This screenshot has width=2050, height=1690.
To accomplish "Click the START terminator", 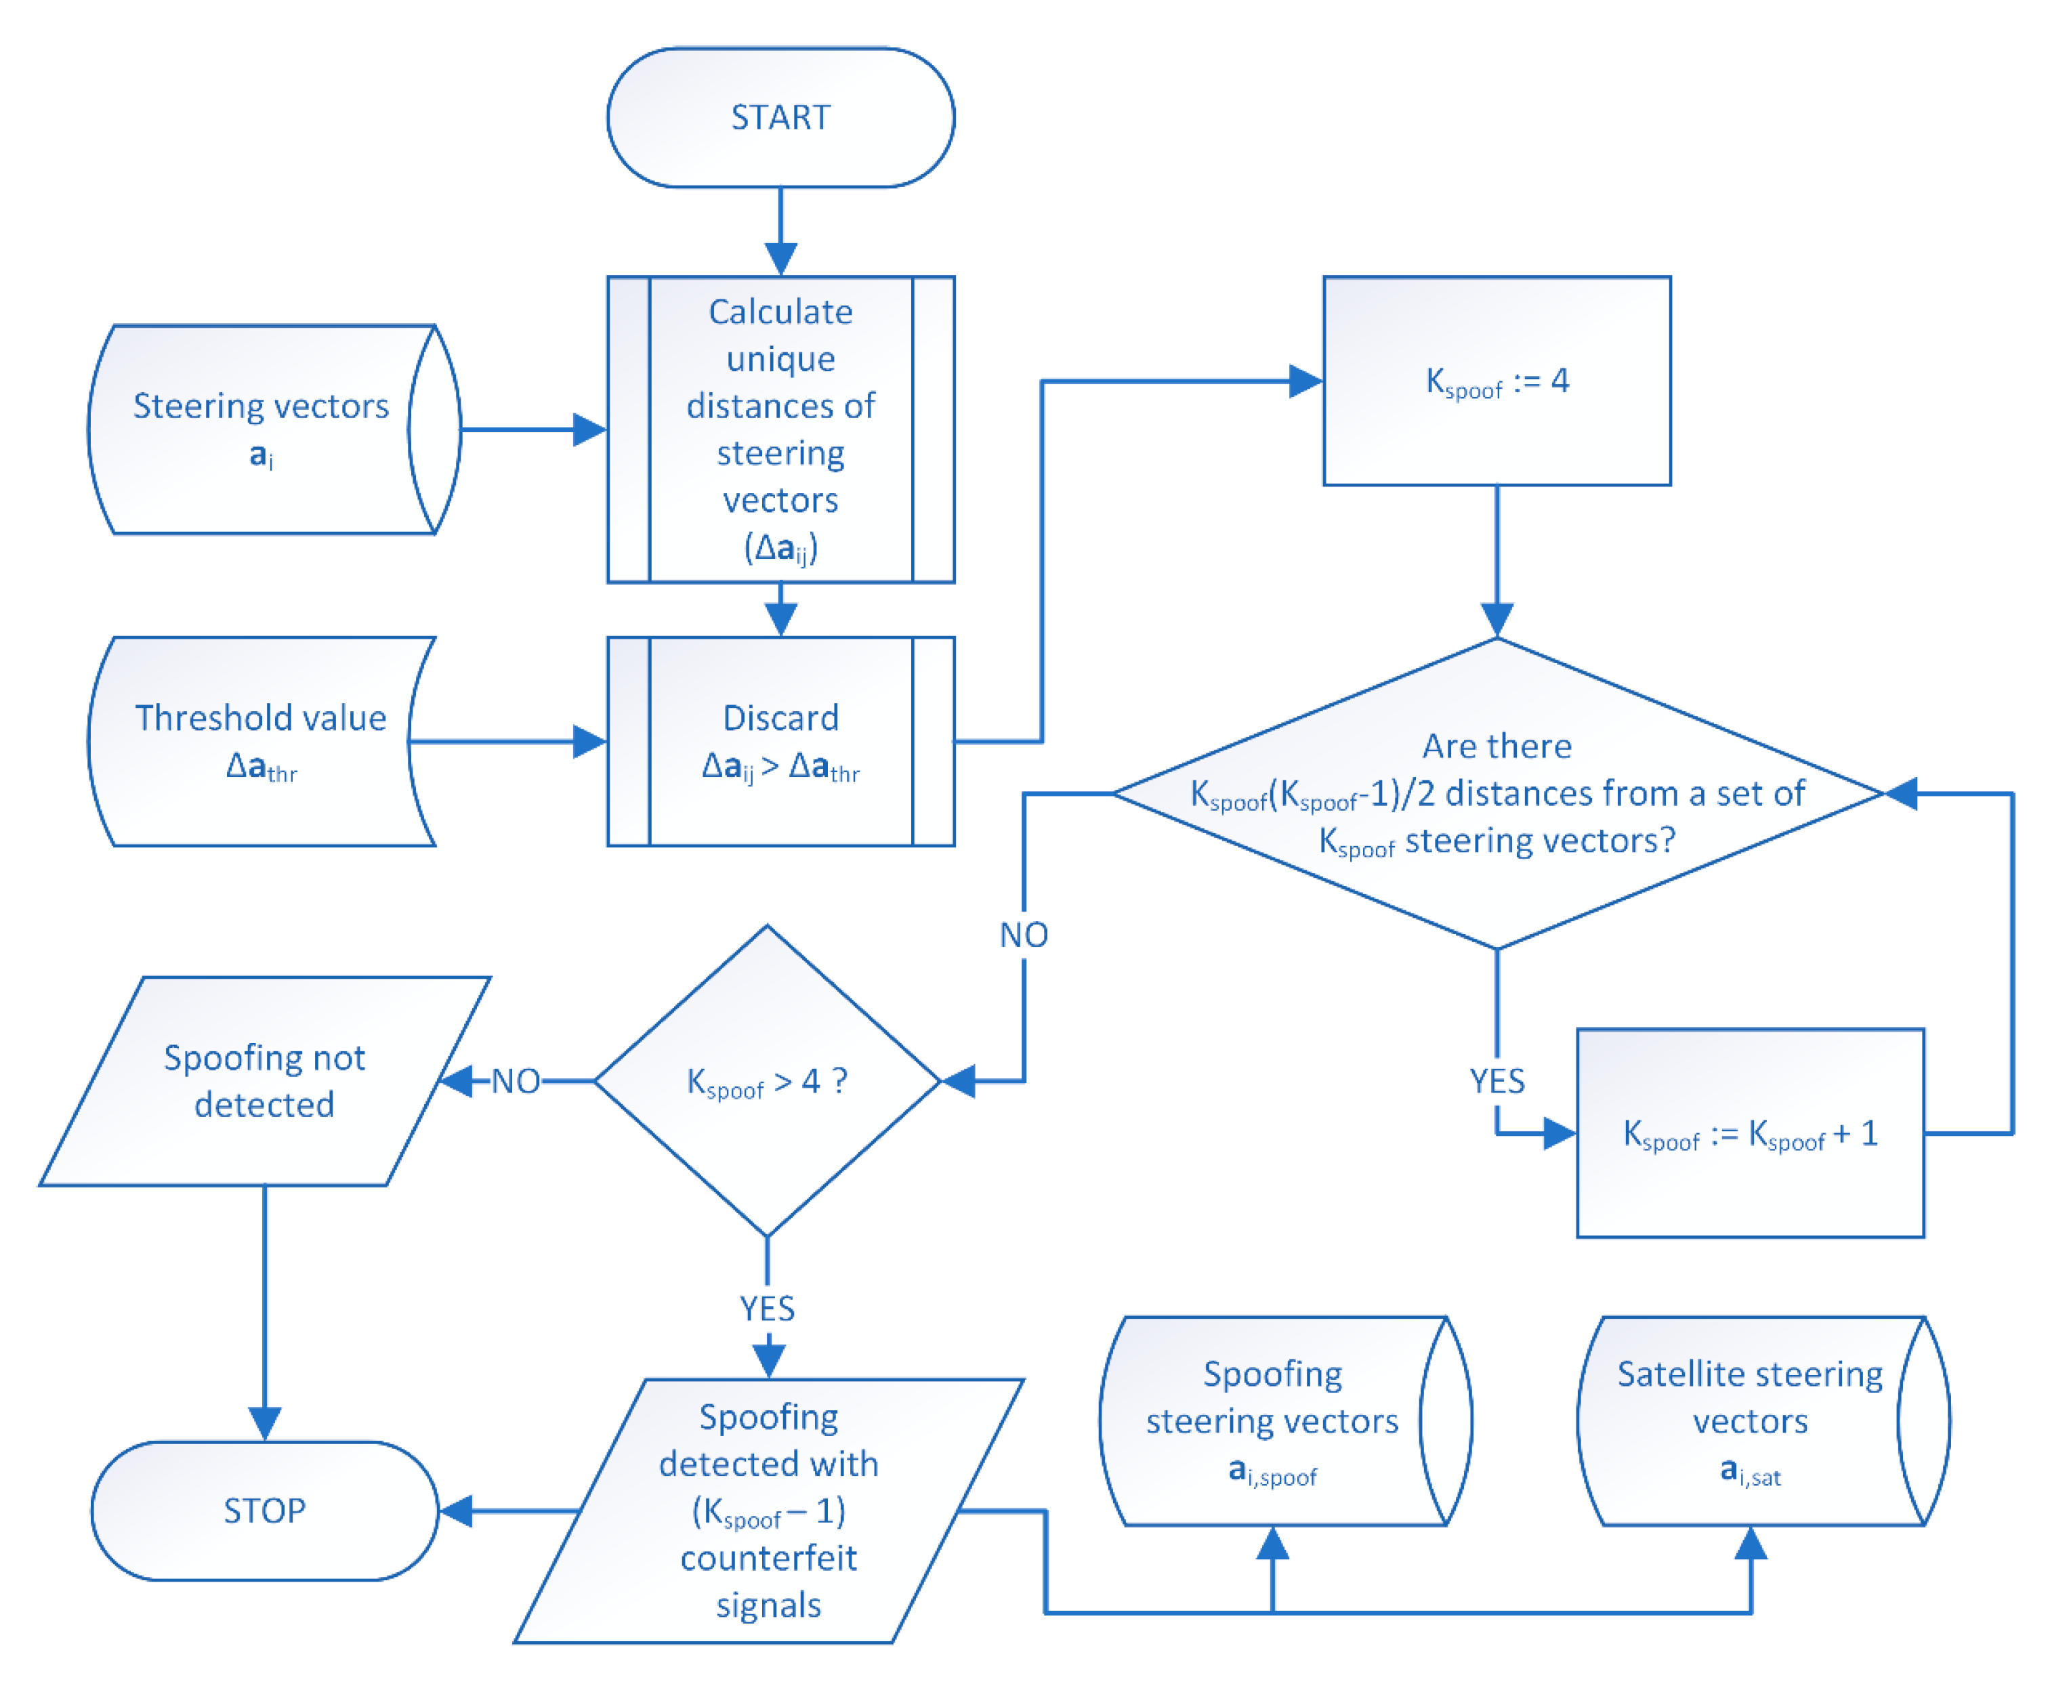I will click(780, 117).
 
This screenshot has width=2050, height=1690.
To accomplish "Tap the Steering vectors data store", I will click(261, 429).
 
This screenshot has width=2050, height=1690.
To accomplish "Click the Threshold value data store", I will click(261, 741).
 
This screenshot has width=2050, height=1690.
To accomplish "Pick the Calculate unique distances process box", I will click(780, 429).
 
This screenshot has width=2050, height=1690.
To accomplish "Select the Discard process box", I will click(780, 741).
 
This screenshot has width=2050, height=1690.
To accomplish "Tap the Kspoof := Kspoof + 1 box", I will click(1749, 1133).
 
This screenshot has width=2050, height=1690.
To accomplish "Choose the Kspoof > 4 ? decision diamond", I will click(767, 1080).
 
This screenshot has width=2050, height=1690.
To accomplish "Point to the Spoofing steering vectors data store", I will click(1272, 1421).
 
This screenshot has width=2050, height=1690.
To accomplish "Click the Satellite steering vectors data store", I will click(1749, 1421).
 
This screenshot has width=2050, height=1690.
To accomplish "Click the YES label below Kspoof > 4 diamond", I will click(767, 1309).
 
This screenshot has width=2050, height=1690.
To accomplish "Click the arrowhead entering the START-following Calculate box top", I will click(780, 259).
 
